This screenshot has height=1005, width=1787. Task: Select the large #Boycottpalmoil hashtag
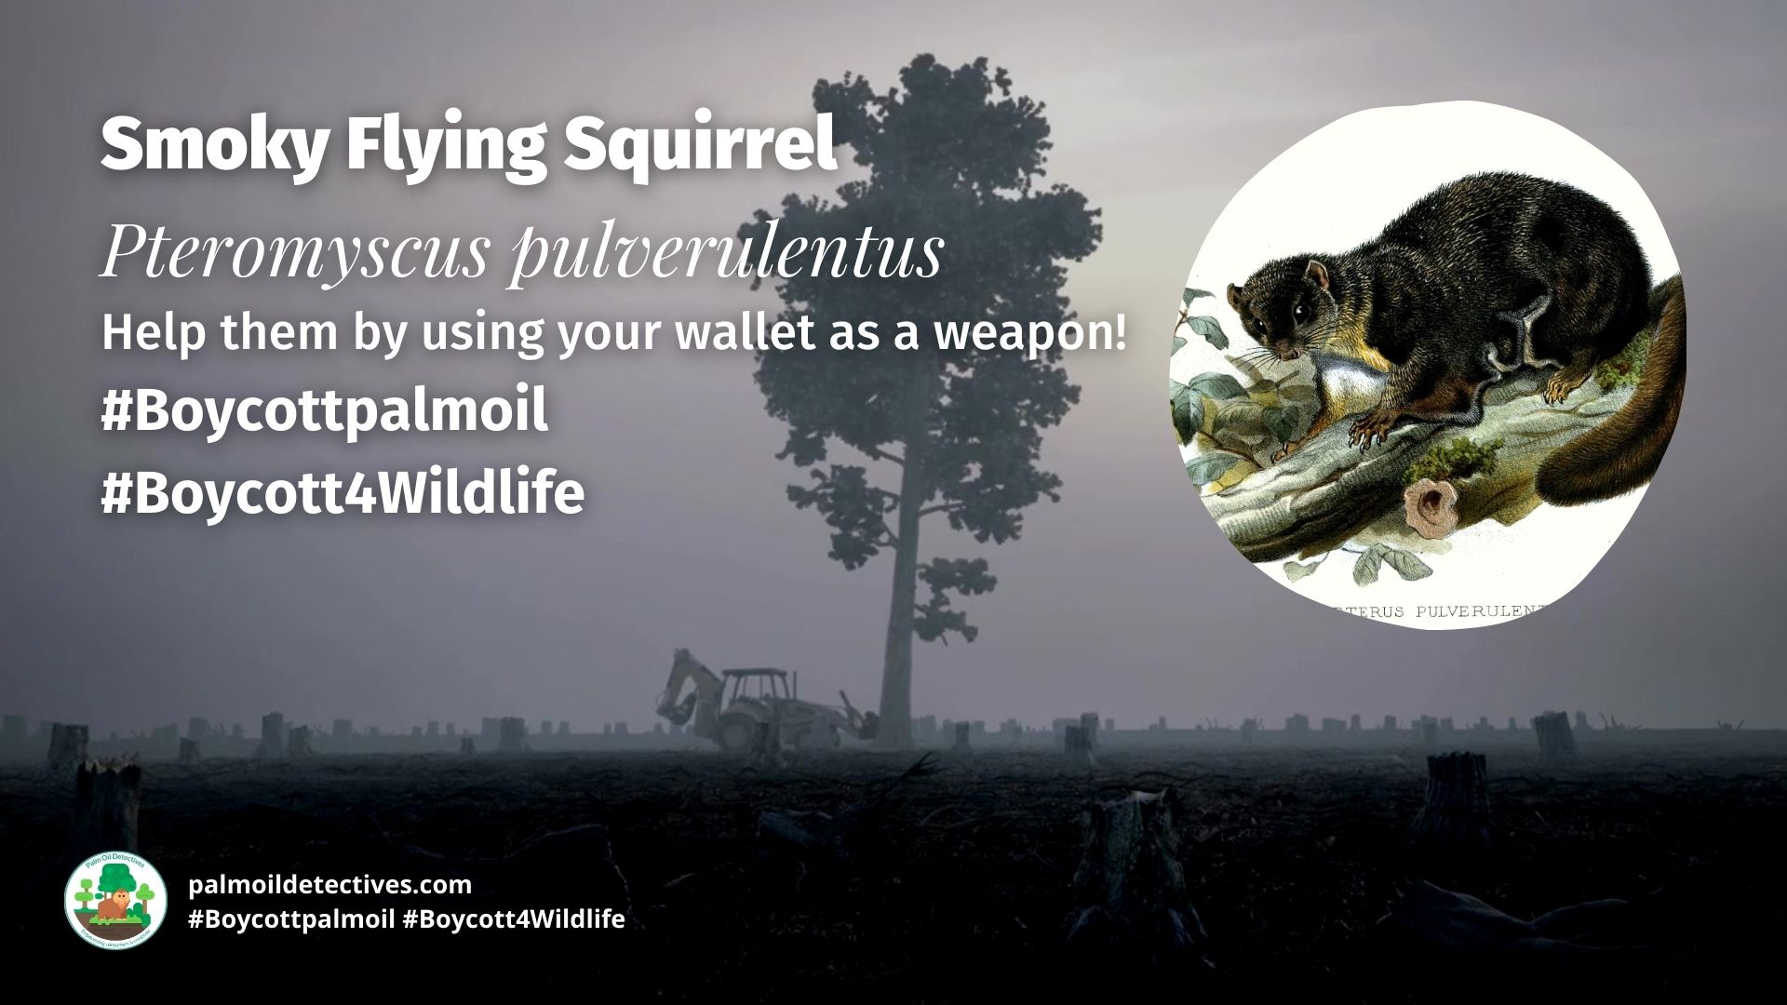click(324, 412)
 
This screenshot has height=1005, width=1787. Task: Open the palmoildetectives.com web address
click(329, 884)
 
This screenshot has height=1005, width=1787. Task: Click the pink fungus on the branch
click(1423, 503)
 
